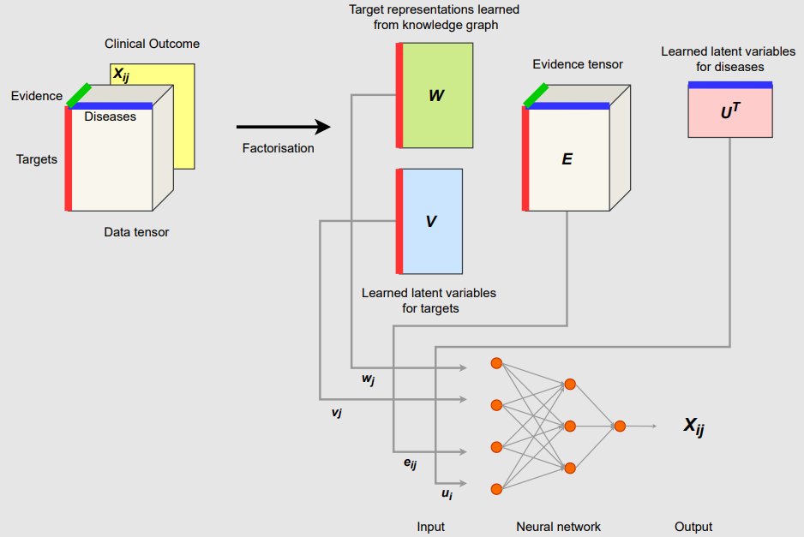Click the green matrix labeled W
click(437, 94)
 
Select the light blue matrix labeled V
click(431, 220)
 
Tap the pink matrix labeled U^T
click(730, 111)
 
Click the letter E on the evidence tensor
click(567, 159)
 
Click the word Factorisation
click(279, 148)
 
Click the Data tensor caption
click(136, 231)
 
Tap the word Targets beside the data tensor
click(37, 158)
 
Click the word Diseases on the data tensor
click(110, 116)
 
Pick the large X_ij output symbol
click(693, 427)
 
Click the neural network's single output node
click(620, 426)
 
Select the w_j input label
click(369, 378)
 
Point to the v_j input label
click(337, 412)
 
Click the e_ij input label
click(410, 463)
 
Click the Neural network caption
click(558, 527)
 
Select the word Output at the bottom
click(693, 527)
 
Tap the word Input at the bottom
click(430, 527)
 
